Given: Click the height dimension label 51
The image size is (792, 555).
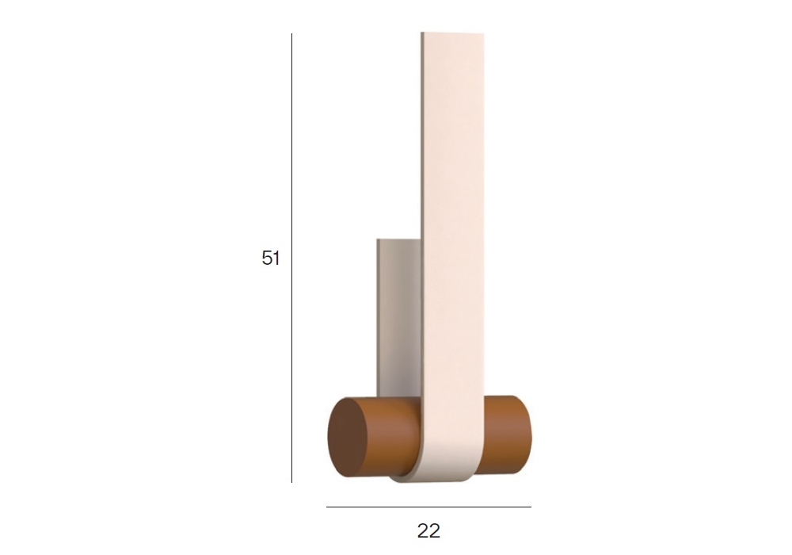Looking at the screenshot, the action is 271,258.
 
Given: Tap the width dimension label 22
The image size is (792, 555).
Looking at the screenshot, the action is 428,530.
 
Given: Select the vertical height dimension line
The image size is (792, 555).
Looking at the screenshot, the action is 291,258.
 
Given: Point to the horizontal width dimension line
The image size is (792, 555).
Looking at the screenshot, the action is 428,507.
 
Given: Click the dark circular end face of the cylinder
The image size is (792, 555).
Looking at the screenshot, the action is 348,438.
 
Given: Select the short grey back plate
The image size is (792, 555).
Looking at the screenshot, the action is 399,319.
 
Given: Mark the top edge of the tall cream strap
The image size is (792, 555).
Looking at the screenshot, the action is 452,33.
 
